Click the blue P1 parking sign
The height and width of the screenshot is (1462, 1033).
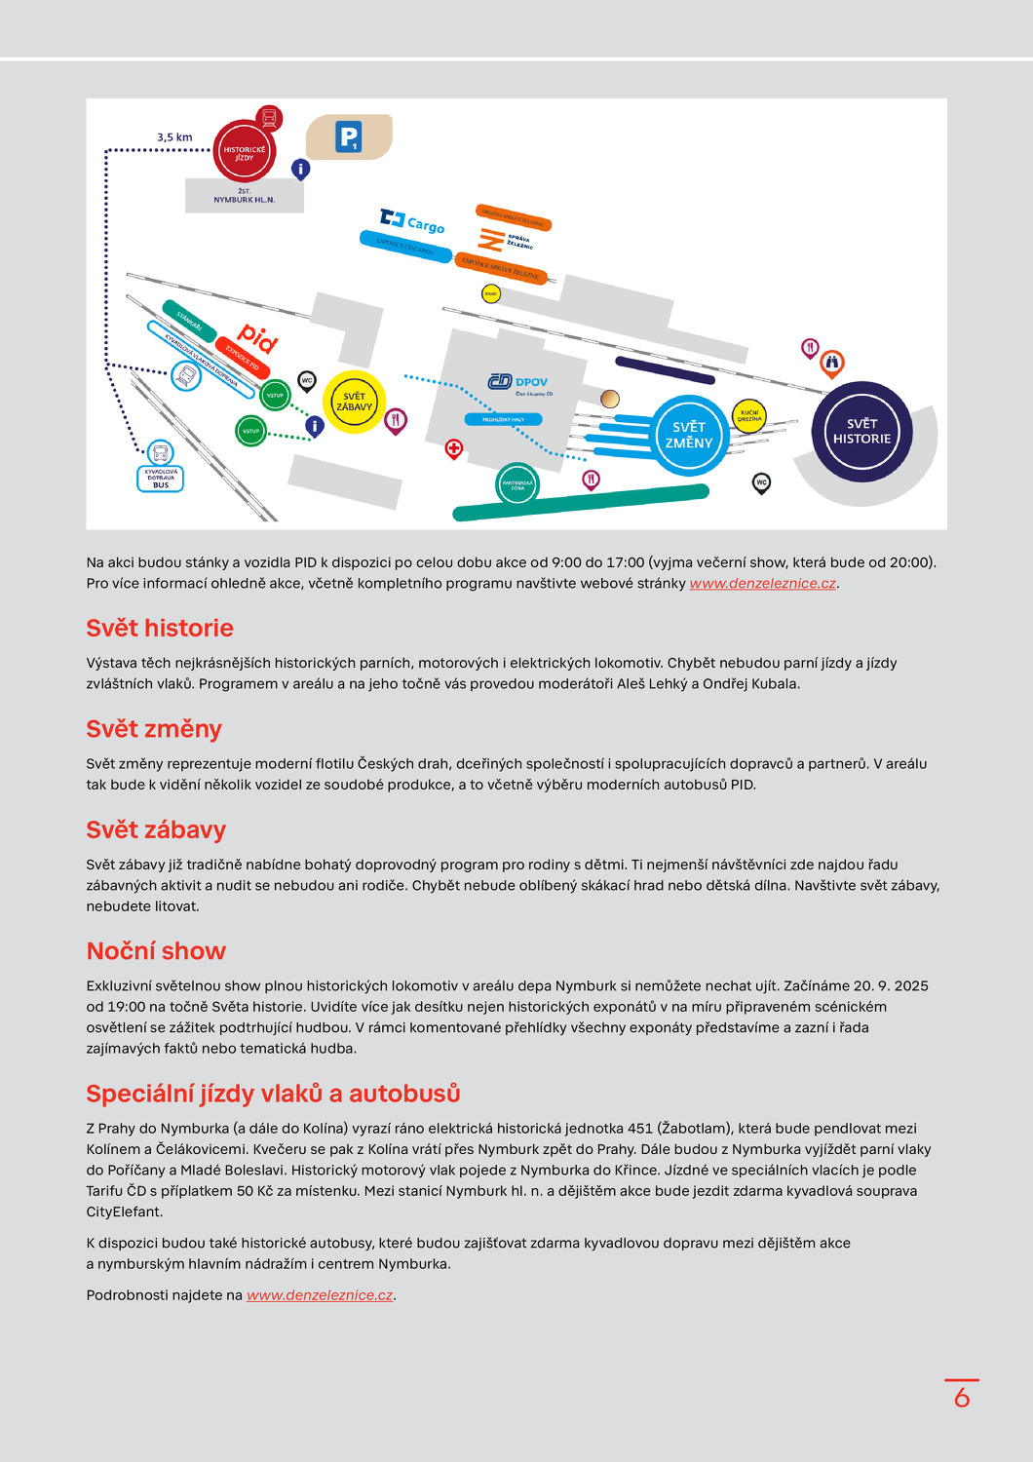click(x=348, y=137)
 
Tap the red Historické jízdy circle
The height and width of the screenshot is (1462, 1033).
click(x=244, y=152)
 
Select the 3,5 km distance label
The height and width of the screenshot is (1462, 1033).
click(x=175, y=137)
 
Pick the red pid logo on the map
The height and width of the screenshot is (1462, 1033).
click(x=257, y=337)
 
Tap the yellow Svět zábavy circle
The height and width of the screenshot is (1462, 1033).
click(x=354, y=402)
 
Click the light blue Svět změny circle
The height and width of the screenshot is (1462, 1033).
click(x=689, y=435)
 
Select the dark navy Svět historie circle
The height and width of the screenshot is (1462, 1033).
click(x=861, y=431)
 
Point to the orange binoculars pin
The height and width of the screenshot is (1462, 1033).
click(x=831, y=363)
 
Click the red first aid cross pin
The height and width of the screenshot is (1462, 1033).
click(x=453, y=448)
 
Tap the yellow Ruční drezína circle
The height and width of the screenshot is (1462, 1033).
click(x=748, y=416)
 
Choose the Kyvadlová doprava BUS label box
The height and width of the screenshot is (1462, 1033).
click(x=161, y=479)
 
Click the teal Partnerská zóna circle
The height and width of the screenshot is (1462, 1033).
click(x=516, y=484)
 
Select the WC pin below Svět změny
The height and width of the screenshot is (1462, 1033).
click(x=762, y=482)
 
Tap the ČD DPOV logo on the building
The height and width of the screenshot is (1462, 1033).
click(x=518, y=382)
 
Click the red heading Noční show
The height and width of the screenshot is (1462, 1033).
click(x=156, y=951)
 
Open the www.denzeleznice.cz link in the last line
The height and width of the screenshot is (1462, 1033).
click(x=320, y=1295)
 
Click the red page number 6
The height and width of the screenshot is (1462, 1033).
click(x=962, y=1398)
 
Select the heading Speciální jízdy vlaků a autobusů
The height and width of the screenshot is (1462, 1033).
click(x=273, y=1094)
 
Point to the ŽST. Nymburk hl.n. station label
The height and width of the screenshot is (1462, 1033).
click(x=245, y=196)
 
